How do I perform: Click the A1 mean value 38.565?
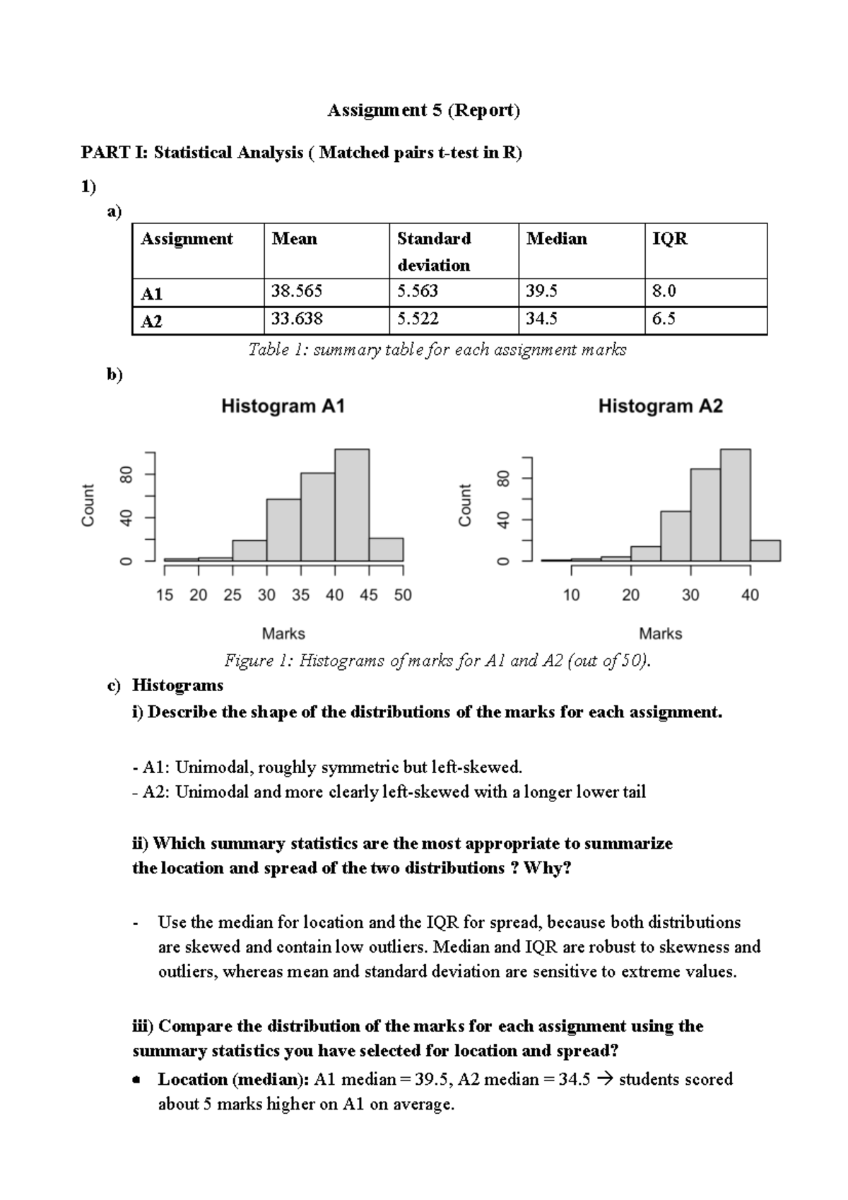297,291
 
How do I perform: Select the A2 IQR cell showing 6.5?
664,319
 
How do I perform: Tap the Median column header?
556,239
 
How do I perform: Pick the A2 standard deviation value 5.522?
418,319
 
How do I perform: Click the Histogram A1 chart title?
283,406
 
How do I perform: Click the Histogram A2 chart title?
660,406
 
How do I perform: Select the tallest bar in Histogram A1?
351,505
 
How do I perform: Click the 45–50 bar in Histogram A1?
386,549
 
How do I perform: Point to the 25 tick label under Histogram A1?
232,595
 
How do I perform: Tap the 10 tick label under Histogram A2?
571,595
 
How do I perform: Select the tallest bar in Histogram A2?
735,505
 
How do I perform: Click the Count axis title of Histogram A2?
464,505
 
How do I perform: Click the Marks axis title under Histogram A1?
283,633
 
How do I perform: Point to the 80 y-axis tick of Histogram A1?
127,474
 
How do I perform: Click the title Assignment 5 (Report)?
423,110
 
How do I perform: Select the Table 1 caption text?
437,350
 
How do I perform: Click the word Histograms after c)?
177,685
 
